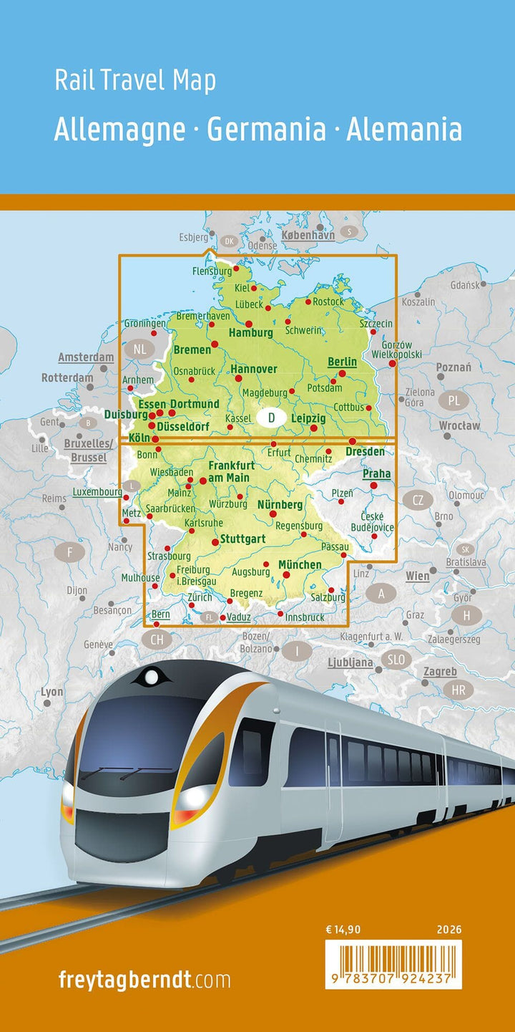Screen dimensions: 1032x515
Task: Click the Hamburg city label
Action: [x=250, y=333]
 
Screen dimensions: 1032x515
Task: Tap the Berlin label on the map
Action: [x=341, y=362]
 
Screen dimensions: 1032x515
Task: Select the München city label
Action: [x=300, y=565]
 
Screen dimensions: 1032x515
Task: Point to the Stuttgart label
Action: [x=242, y=539]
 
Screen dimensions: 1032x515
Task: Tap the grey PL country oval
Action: [x=454, y=400]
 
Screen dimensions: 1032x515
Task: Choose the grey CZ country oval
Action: [x=418, y=500]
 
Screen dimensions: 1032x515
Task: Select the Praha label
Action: [x=376, y=473]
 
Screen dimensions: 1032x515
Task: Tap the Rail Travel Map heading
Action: [x=135, y=81]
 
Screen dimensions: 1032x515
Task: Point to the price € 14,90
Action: [x=343, y=930]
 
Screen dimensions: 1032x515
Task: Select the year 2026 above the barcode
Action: [x=448, y=930]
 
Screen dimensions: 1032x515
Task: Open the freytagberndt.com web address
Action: [x=144, y=980]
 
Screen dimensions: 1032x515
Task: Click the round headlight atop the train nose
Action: [x=152, y=675]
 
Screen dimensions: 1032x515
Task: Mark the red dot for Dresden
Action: [x=353, y=441]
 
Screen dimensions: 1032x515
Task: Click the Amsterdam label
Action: [x=86, y=357]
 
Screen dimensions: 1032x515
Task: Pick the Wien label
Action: [x=418, y=576]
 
